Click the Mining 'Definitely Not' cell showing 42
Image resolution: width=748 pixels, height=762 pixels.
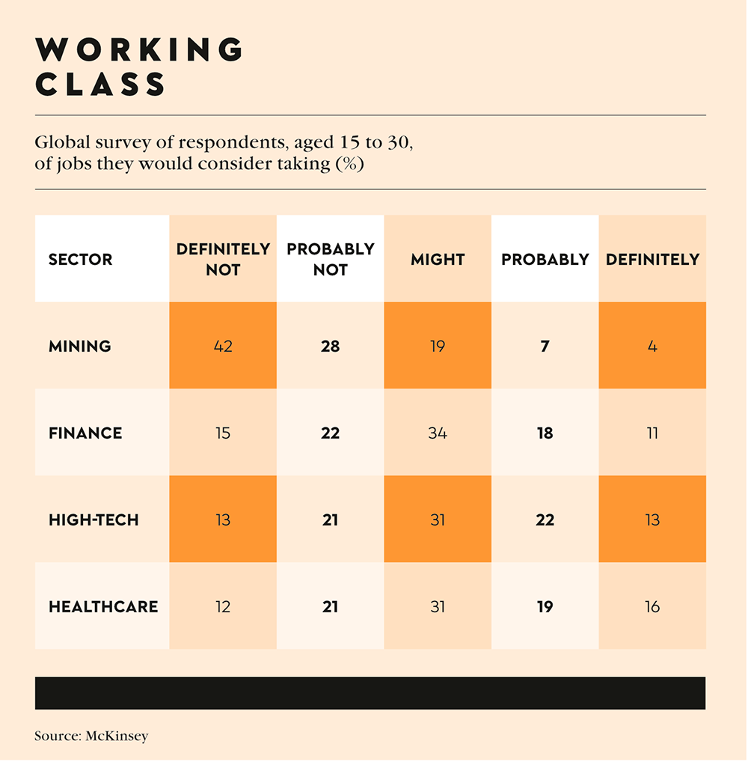pos(223,346)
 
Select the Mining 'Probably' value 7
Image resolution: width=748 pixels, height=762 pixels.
pos(545,346)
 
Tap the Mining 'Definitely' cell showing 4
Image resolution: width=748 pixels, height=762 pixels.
pos(652,346)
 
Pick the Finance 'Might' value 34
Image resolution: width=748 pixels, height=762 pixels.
pos(438,433)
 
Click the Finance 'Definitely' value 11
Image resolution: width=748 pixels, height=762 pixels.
pos(652,433)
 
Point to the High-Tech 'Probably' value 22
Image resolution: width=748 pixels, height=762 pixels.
pos(545,519)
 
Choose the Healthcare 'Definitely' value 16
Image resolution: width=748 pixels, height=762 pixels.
pos(652,606)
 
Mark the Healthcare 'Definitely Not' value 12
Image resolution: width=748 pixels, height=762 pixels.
pos(223,606)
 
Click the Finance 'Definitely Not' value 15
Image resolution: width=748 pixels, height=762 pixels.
pos(223,433)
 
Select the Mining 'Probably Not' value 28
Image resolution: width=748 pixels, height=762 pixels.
pos(331,346)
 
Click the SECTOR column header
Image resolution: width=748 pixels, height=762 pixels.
pos(81,260)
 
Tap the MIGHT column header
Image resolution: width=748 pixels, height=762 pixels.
pos(438,260)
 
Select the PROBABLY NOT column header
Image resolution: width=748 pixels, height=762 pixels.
pos(331,259)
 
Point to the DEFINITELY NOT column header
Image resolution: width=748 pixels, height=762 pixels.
pos(223,259)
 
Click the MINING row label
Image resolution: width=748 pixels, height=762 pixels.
pos(80,346)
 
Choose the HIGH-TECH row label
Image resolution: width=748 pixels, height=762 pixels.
pos(93,519)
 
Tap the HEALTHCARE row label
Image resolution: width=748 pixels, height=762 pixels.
pos(103,606)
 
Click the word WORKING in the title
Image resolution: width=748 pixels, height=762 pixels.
pos(140,50)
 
